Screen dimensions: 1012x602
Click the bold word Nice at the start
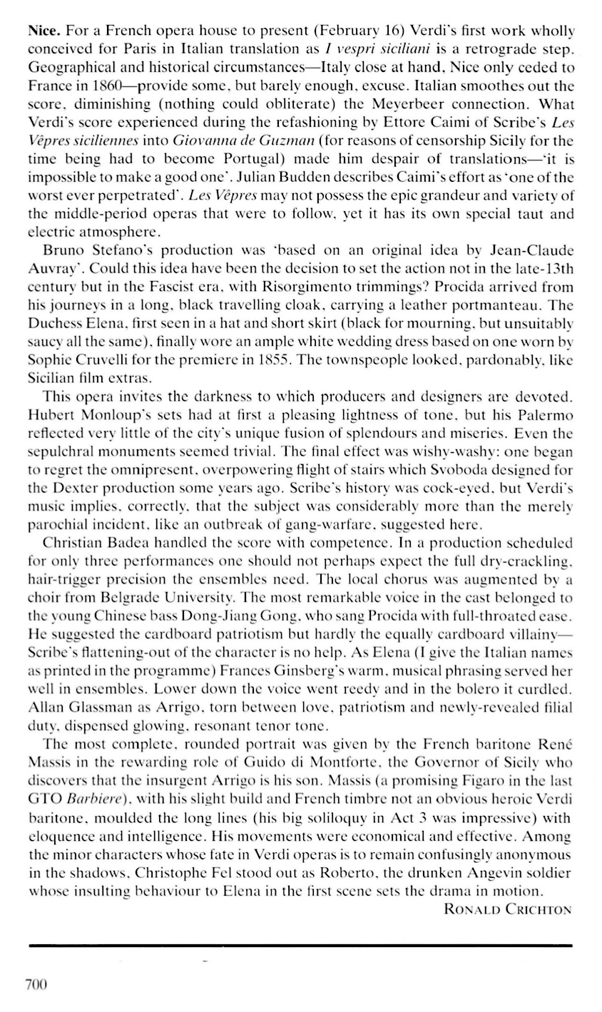pos(45,32)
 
